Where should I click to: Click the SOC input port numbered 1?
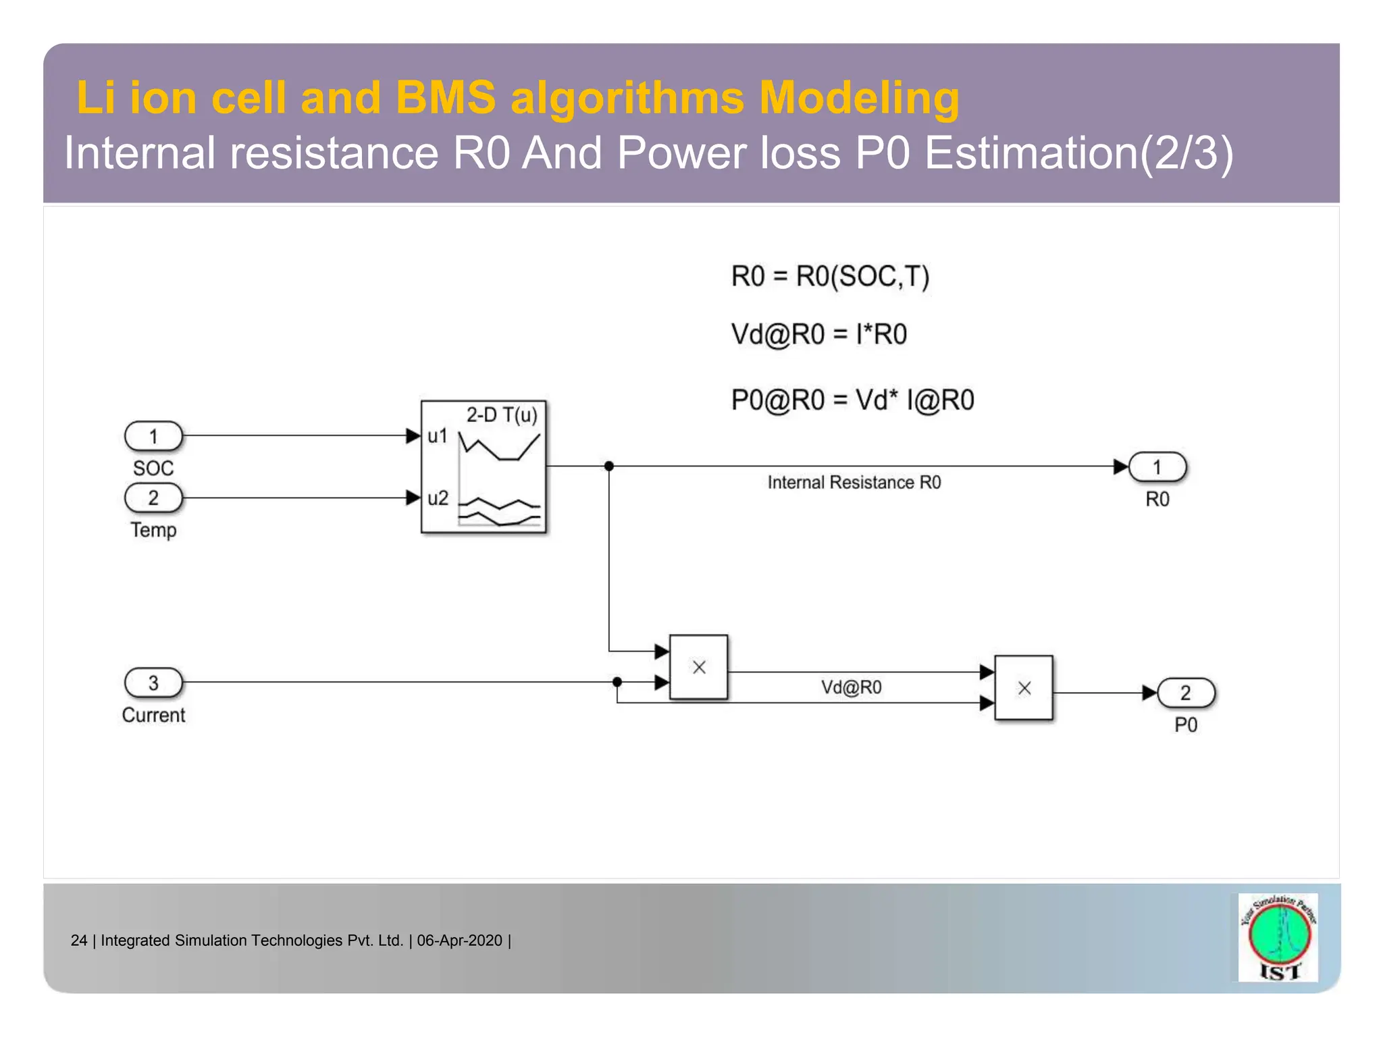pyautogui.click(x=154, y=436)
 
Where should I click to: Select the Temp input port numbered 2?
pyautogui.click(x=154, y=498)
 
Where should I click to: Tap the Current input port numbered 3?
pyautogui.click(x=154, y=683)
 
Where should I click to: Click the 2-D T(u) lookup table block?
pyautogui.click(x=484, y=467)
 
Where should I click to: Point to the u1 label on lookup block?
pyautogui.click(x=438, y=436)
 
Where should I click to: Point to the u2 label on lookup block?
pyautogui.click(x=438, y=498)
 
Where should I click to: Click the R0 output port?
pyautogui.click(x=1157, y=467)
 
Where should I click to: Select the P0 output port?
pyautogui.click(x=1186, y=693)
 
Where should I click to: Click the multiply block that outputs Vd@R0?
pyautogui.click(x=699, y=667)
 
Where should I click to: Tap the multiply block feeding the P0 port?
pyautogui.click(x=1024, y=688)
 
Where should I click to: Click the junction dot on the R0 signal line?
pyautogui.click(x=609, y=466)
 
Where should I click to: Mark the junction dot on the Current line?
pyautogui.click(x=617, y=682)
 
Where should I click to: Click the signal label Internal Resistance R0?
pyautogui.click(x=854, y=483)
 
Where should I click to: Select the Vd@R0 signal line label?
pyautogui.click(x=851, y=687)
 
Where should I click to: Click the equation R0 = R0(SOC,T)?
pyautogui.click(x=830, y=277)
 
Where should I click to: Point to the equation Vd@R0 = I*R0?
pyautogui.click(x=818, y=334)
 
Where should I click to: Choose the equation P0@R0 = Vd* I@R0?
pyautogui.click(x=852, y=400)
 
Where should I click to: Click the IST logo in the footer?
pyautogui.click(x=1278, y=937)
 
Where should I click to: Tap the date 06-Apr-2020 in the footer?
pyautogui.click(x=460, y=940)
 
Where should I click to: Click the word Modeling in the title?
pyautogui.click(x=858, y=98)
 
